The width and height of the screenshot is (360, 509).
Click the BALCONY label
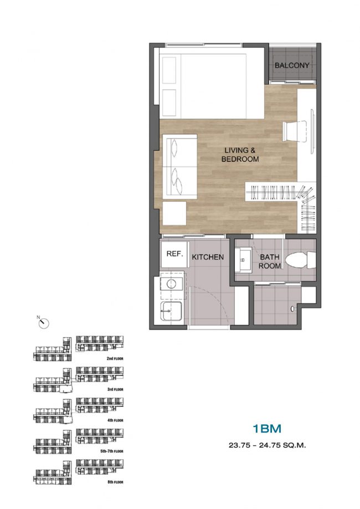coord(292,65)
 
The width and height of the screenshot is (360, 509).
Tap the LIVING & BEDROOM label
coord(240,155)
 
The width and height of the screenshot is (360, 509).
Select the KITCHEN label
coord(208,257)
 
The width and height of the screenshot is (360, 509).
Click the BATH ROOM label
coord(270,261)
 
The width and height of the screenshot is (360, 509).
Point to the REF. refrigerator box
coord(174,254)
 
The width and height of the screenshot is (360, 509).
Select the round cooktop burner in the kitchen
coord(171,284)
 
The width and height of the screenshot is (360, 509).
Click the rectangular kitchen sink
coord(171,311)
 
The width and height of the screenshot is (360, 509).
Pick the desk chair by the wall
coord(295,131)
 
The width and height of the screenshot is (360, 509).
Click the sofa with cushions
coord(180,166)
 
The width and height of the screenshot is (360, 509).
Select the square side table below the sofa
coord(174,213)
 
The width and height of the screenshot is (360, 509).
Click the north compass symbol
coord(43,323)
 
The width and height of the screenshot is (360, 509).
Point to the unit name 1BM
coord(267,429)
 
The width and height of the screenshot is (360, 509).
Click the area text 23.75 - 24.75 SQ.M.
coord(268,445)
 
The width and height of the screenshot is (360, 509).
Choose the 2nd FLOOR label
coord(115,359)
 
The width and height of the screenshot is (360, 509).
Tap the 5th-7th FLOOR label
coord(112,451)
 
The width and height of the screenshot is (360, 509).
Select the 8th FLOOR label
coord(115,482)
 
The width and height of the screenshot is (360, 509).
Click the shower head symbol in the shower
coord(294,309)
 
